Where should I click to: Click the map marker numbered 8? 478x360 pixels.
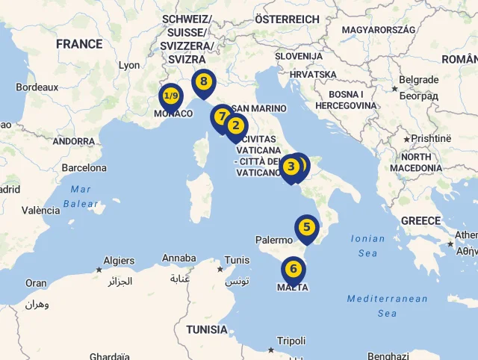coord(203,81)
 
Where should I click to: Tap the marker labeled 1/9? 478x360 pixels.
coord(171,96)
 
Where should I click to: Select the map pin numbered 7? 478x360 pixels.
coord(221,117)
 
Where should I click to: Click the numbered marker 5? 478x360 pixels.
coord(306,227)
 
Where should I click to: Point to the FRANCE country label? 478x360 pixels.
coord(79,44)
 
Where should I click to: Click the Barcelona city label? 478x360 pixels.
coord(84,168)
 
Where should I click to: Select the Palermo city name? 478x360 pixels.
coord(274,240)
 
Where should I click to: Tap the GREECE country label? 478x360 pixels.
coord(420,221)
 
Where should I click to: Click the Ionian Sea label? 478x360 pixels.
coord(367,246)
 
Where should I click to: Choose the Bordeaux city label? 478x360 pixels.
coord(37,87)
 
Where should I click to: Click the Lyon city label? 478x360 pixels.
coord(129,65)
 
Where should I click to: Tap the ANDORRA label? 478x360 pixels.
coord(74,141)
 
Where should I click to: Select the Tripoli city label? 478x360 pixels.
coord(291,341)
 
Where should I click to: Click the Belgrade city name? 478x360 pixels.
coord(418,80)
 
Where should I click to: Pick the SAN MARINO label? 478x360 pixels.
coord(258,108)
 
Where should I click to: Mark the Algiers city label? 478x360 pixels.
coord(119,261)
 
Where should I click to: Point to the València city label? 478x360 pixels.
coord(41,211)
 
